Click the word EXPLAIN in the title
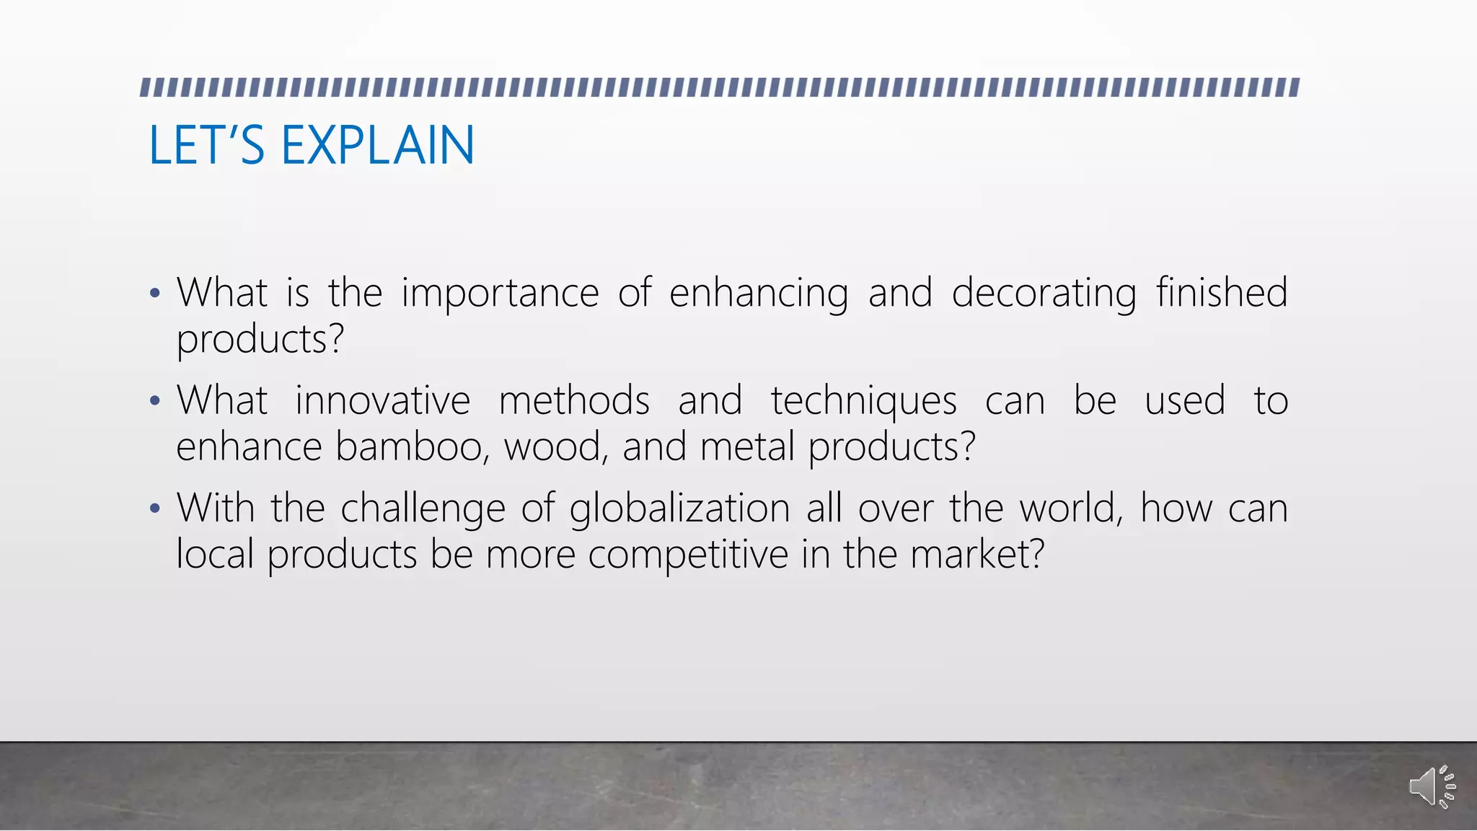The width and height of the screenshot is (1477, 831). point(377,145)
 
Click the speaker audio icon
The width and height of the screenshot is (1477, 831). point(1431,786)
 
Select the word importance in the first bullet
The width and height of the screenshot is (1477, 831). point(500,294)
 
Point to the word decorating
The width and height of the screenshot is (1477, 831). point(1044,294)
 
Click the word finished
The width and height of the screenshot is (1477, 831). point(1222,292)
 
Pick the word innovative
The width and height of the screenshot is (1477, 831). point(382,400)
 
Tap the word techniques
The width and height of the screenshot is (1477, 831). point(863,402)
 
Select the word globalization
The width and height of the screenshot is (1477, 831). point(679,509)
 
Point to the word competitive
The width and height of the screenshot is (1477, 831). point(688,555)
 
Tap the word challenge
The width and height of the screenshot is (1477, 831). point(423,509)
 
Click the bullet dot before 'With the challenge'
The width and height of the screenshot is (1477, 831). point(154,509)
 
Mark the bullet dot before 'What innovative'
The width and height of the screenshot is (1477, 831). point(154,401)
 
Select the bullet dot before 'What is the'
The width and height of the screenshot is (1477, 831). point(154,294)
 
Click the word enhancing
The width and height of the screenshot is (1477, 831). point(759,294)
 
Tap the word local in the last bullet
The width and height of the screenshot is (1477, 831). point(215,554)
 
